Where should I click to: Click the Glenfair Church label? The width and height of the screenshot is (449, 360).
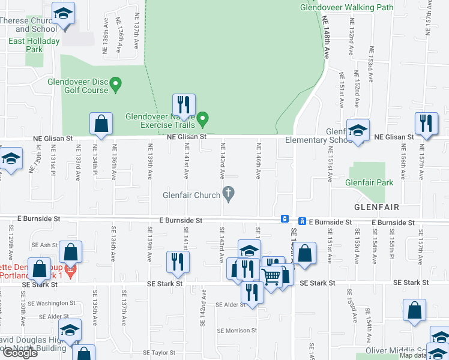coord(191,195)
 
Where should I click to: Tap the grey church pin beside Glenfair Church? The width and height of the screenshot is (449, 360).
coord(228,193)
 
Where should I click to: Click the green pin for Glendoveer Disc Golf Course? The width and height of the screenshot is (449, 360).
coord(116,83)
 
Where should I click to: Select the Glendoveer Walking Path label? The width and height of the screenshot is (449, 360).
coord(347,8)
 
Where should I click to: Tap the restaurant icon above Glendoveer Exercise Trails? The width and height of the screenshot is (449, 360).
coord(184,104)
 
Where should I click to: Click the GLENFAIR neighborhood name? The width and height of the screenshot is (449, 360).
coord(376,207)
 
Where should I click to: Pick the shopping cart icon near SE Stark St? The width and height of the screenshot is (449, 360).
coord(271,277)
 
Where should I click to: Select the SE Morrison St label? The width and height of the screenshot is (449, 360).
coord(237,331)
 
